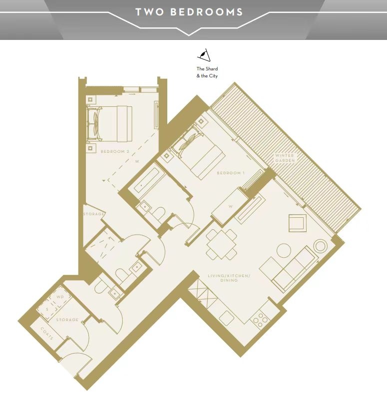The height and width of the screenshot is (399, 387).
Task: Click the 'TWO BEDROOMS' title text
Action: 189,12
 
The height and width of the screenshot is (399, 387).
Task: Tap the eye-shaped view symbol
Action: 204,55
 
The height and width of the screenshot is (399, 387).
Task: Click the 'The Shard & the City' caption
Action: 207,72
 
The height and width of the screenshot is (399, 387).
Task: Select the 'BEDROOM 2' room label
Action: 115,151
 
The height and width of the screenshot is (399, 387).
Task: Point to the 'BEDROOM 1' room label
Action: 231,173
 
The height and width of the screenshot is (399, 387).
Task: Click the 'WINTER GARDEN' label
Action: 285,158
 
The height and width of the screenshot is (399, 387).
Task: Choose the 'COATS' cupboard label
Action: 47,334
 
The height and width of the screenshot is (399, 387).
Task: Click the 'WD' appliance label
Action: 60,297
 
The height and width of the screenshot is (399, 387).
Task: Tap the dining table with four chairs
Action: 221,245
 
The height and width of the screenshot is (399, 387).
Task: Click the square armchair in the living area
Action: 298,223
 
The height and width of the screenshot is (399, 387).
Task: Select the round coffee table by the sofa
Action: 284,251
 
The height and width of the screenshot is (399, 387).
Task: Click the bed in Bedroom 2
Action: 109,124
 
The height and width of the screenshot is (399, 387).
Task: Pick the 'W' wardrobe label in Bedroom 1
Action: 231,206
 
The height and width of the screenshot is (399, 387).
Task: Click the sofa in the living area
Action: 289,269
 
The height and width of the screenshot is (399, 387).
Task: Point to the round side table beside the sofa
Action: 321,246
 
